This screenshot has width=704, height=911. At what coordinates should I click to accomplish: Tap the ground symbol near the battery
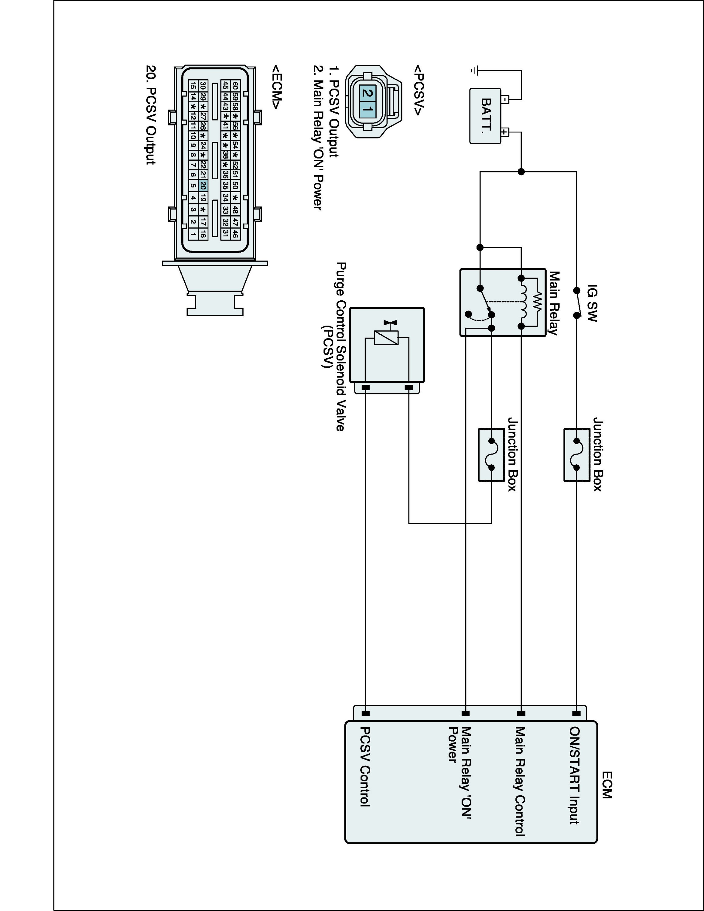[474, 70]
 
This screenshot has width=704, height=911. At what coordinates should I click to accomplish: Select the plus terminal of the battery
[505, 132]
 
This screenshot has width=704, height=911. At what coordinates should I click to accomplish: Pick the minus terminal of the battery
[505, 100]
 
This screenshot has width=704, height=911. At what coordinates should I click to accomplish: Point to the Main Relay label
[553, 303]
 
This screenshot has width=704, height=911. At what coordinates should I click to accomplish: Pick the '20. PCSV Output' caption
[151, 115]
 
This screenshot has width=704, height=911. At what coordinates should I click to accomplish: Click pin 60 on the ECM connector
[235, 86]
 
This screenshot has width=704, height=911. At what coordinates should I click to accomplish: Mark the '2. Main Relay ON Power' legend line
[318, 138]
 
